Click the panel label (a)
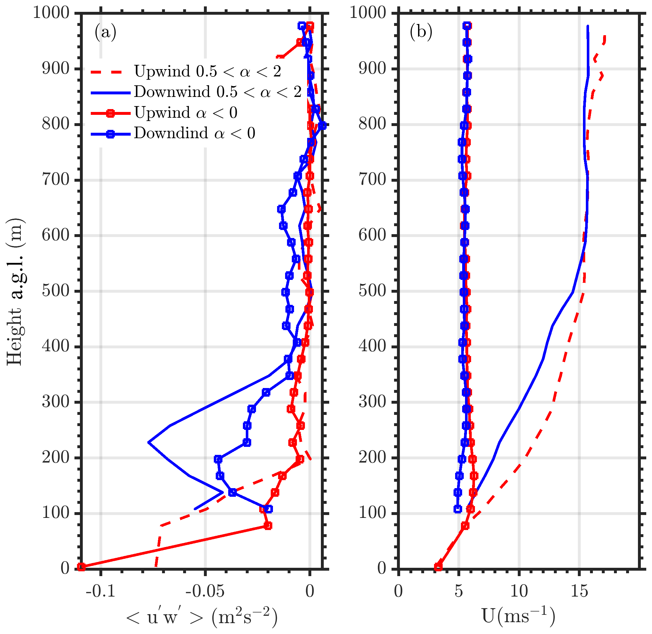[105, 33]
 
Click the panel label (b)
[421, 33]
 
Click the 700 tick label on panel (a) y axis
[56, 180]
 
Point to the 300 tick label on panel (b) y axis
[372, 402]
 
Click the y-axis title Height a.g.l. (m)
[15, 291]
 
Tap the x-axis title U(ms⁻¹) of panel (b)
[519, 617]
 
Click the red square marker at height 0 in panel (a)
[81, 567]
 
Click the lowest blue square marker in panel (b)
[458, 509]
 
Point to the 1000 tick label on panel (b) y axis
[368, 13]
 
